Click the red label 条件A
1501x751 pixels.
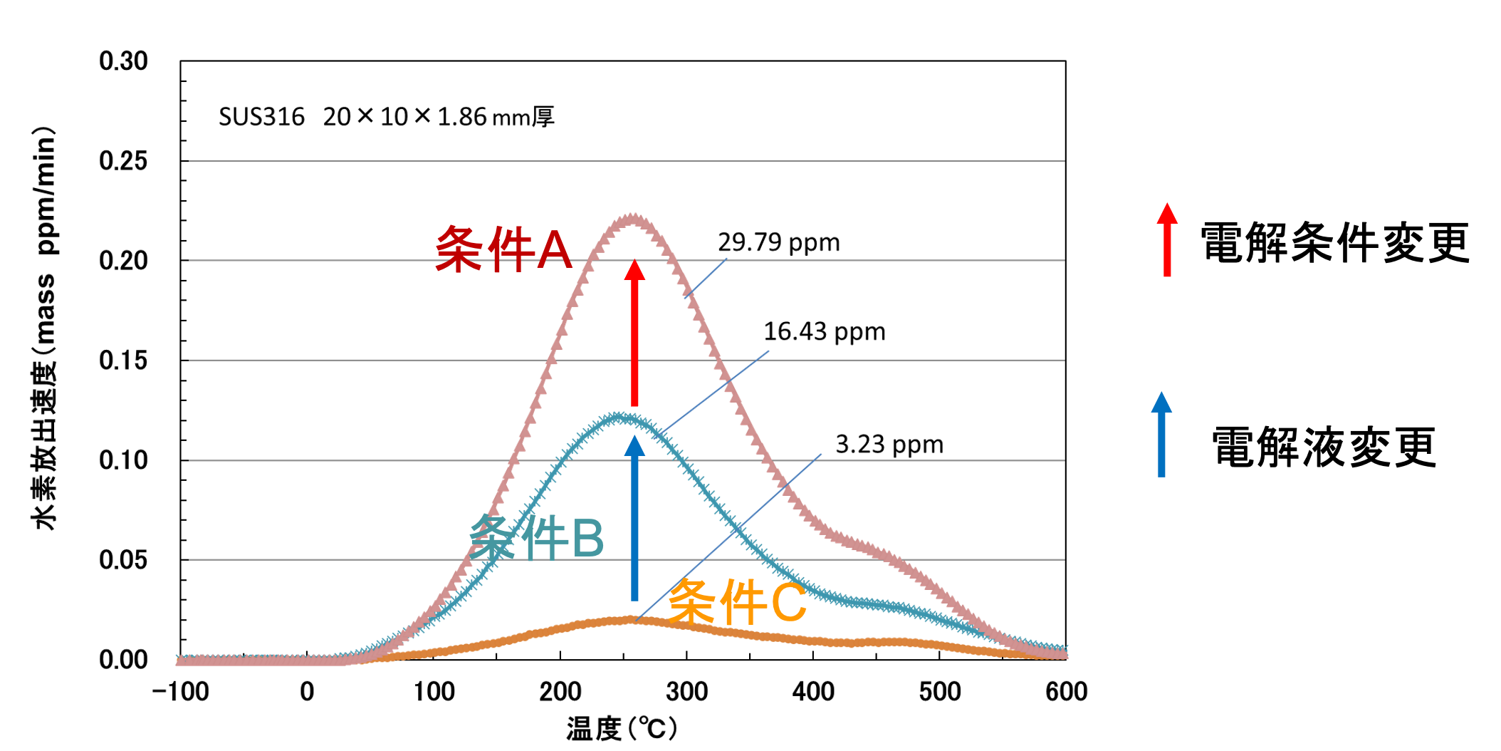[x=503, y=249]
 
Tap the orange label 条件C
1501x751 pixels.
[x=737, y=603]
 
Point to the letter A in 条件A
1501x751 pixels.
[x=554, y=250]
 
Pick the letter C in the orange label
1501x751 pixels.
[x=788, y=603]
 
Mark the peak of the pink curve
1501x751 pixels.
[x=632, y=217]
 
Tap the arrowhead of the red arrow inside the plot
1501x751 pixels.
[x=634, y=271]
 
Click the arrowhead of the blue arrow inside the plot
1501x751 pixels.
[x=634, y=446]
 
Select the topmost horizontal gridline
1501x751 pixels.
[x=627, y=161]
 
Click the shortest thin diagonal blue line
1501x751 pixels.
[x=706, y=278]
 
